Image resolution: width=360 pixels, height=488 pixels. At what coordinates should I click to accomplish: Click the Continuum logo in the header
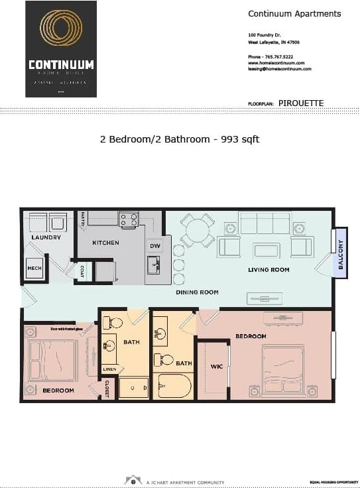(x=61, y=49)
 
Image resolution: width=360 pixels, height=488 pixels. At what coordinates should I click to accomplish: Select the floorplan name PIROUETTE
(x=301, y=103)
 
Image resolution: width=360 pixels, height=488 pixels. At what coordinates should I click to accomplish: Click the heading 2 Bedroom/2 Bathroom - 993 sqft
(x=179, y=139)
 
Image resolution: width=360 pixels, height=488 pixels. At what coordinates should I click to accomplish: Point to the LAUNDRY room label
(x=46, y=237)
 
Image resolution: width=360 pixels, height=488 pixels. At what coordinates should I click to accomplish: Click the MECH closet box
(x=34, y=268)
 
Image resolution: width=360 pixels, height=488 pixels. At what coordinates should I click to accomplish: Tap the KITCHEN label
(x=105, y=243)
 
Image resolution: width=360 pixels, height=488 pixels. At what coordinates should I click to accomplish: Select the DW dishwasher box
(x=154, y=246)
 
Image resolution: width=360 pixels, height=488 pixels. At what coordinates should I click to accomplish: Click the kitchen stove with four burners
(x=128, y=219)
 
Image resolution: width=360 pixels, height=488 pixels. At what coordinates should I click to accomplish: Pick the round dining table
(x=198, y=231)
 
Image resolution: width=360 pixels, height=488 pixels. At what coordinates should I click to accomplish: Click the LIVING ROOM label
(x=269, y=270)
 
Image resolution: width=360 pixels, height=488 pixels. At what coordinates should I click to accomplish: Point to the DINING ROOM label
(x=197, y=292)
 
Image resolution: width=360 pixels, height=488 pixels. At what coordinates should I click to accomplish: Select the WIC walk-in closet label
(x=216, y=365)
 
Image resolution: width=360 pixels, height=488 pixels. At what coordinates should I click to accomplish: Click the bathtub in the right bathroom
(x=174, y=385)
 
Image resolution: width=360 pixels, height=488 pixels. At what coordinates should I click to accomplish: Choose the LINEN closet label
(x=109, y=369)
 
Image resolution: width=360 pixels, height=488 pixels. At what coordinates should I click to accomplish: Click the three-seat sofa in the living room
(x=265, y=223)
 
